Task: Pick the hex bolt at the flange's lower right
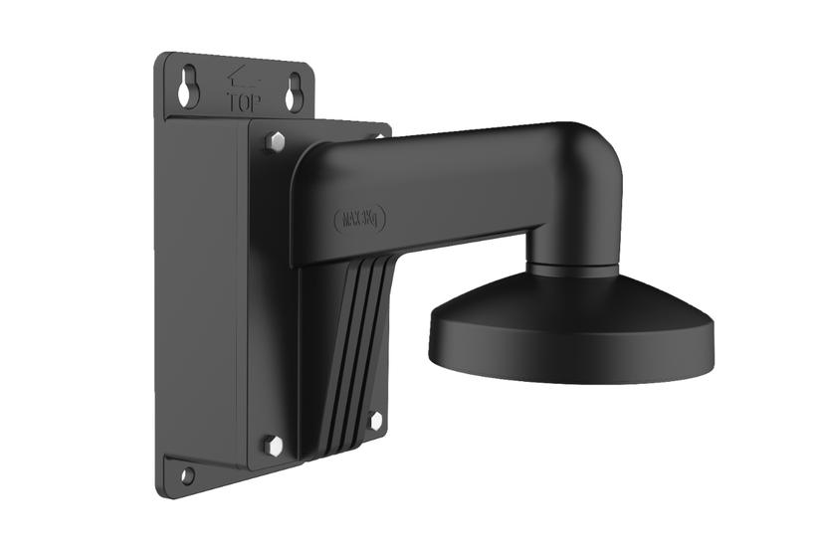(375, 421)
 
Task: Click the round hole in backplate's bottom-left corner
(186, 475)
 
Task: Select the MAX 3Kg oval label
(363, 217)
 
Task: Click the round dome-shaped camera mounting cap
(571, 308)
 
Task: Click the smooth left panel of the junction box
(204, 288)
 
